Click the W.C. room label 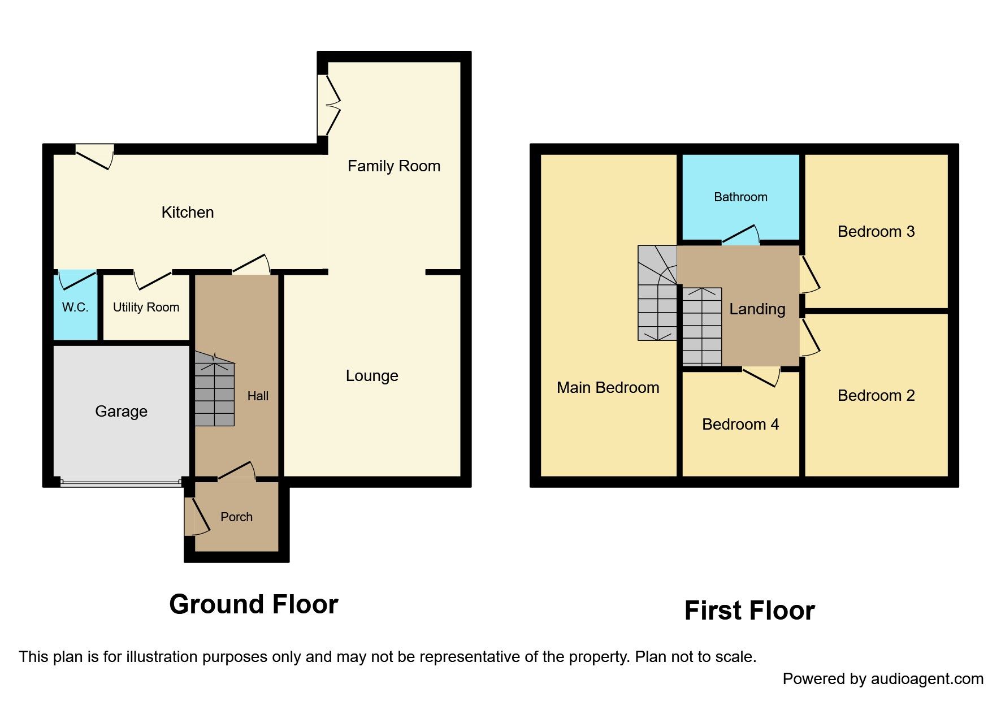tap(75, 308)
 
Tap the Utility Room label tap(146, 308)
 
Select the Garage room tap(121, 411)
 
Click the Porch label tap(236, 517)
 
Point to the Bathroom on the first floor tap(740, 197)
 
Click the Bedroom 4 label tap(740, 425)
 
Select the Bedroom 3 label tap(876, 232)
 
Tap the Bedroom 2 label tap(876, 396)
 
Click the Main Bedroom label tap(608, 388)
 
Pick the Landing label tap(757, 309)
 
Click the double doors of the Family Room tap(329, 105)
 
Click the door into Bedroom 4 tap(761, 375)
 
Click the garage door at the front tap(120, 483)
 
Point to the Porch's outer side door tap(197, 516)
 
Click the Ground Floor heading tap(253, 604)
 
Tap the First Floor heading tap(749, 611)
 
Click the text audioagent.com tap(927, 679)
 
